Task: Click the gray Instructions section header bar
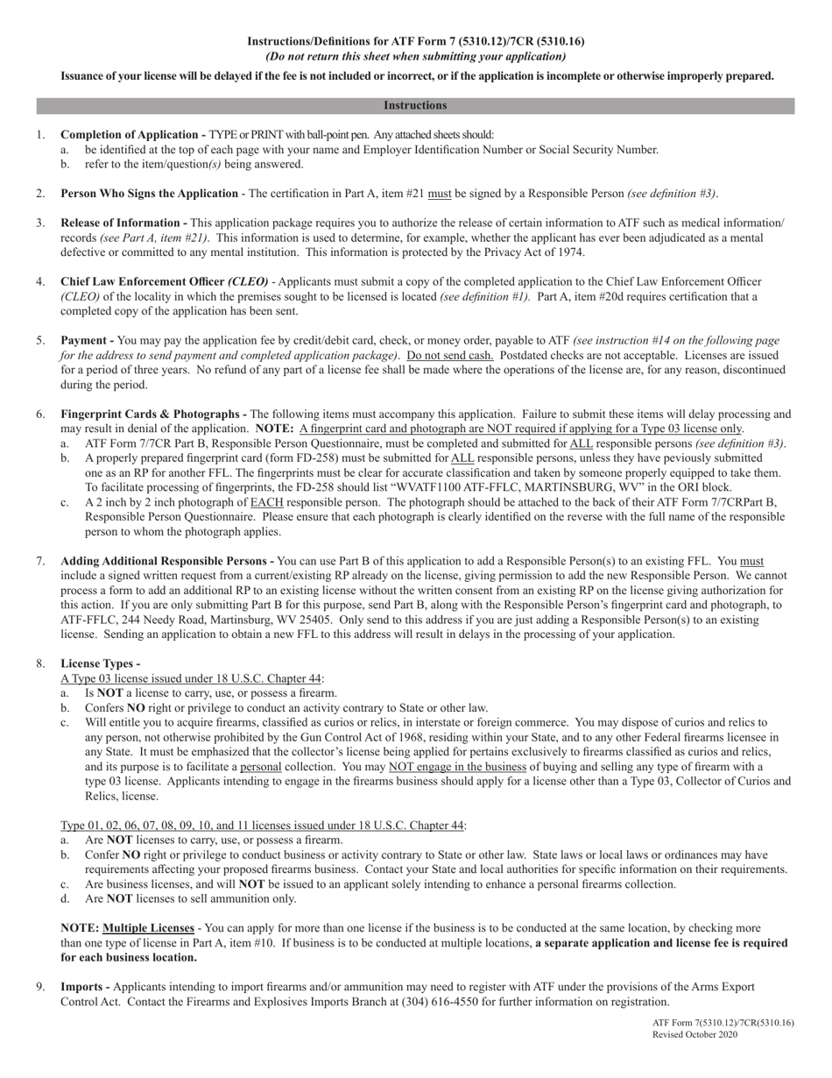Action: [415, 106]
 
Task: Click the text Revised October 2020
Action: [695, 1034]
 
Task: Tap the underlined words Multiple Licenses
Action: [148, 928]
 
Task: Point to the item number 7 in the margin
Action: [41, 561]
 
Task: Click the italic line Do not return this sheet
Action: [415, 56]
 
